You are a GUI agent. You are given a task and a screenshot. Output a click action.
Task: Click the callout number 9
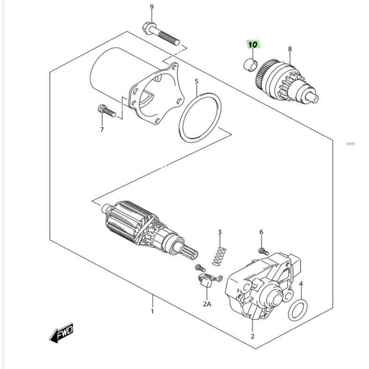click(x=152, y=7)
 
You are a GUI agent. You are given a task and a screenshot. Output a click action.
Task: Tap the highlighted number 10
click(x=253, y=44)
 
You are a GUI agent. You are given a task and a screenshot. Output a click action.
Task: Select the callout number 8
click(x=290, y=49)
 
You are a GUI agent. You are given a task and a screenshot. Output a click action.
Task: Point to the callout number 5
click(x=197, y=81)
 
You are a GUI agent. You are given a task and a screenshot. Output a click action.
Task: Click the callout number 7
click(x=102, y=130)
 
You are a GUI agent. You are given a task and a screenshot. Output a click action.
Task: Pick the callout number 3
click(x=220, y=232)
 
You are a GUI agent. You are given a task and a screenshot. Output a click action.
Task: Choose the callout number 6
click(x=261, y=232)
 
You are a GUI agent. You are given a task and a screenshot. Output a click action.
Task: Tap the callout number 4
click(x=301, y=284)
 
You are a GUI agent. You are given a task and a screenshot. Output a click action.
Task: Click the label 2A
click(x=207, y=304)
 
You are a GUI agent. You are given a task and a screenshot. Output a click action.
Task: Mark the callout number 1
click(x=152, y=311)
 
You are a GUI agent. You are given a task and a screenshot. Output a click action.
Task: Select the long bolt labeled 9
click(x=161, y=34)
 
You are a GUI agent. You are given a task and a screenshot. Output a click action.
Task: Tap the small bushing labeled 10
click(x=251, y=65)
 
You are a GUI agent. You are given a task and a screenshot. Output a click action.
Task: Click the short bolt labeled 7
click(x=107, y=111)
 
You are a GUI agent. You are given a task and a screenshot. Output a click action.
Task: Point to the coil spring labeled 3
click(x=219, y=257)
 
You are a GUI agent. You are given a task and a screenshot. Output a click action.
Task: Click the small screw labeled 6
click(x=263, y=251)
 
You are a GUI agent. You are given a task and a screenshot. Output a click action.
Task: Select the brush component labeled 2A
click(x=209, y=280)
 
